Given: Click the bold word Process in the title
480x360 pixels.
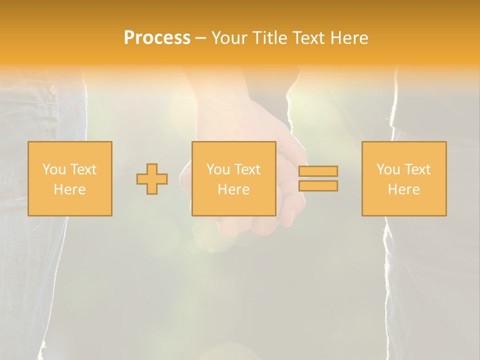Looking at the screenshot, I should pos(157,38).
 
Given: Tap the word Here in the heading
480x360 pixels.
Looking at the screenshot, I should pos(349,38).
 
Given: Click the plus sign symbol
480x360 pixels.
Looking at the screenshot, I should pos(152,179).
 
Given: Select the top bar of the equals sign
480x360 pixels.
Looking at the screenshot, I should pos(318,171).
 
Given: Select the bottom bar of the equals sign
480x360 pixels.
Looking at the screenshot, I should pos(318,186).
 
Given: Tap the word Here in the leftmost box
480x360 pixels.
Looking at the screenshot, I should pos(69,189).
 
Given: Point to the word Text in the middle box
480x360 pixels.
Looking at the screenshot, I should pos(247,169).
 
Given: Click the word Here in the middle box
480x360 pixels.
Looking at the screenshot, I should pos(233,189).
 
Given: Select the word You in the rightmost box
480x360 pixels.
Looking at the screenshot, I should pos(388,169).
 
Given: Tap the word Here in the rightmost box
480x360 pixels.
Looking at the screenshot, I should pos(403,189).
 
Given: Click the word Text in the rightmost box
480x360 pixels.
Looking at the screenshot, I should pos(417,169).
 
